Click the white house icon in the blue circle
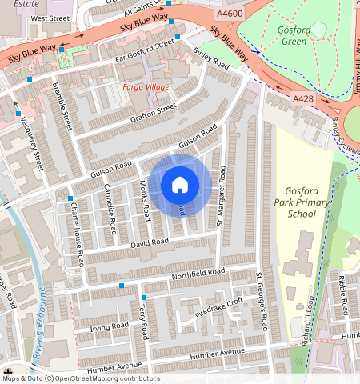[180, 185]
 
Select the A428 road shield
[303, 98]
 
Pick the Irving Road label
[110, 326]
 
